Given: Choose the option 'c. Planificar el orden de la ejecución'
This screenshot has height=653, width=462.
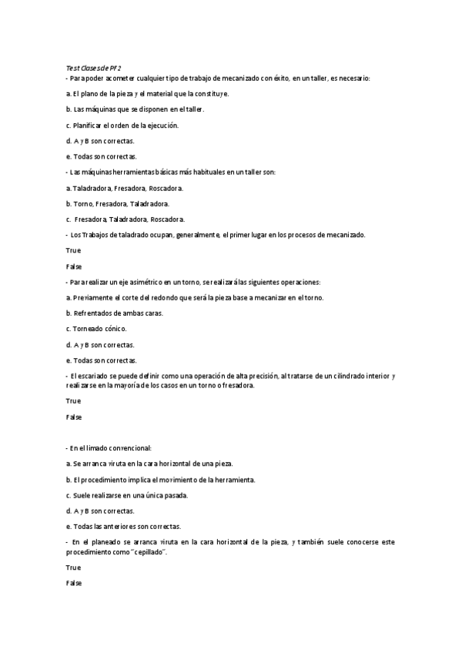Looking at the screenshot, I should (x=122, y=126).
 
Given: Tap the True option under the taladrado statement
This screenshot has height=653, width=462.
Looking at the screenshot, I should (x=73, y=250).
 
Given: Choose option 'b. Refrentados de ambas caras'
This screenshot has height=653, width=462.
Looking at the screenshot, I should (x=115, y=313).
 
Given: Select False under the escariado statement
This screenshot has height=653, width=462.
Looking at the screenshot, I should (x=74, y=417).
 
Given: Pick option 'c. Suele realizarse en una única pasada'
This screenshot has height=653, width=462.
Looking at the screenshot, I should (x=127, y=495).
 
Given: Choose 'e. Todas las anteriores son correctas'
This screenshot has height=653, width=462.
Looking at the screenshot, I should (x=123, y=527).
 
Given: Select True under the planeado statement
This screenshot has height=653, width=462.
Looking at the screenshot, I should (x=73, y=568).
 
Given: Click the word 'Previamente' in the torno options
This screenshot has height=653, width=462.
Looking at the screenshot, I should (x=92, y=297).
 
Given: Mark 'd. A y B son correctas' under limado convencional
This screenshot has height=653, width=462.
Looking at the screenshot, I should (x=100, y=511).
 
